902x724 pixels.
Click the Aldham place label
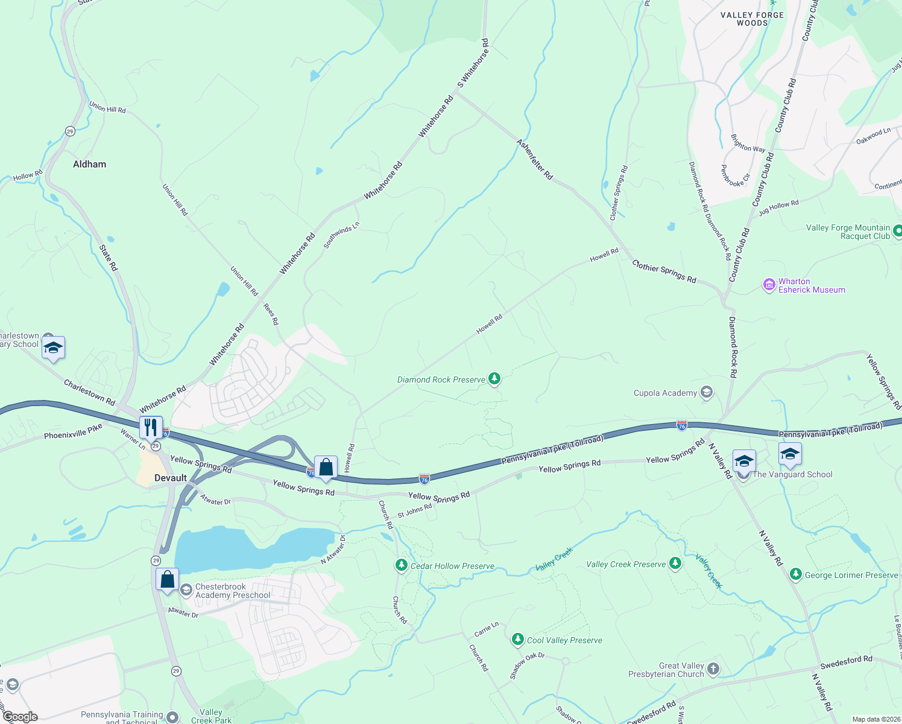coord(89,164)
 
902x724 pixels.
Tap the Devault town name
coord(171,478)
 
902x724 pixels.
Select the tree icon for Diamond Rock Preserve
coord(494,379)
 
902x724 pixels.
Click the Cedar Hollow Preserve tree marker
coord(401,565)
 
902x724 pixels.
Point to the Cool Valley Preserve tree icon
coord(517,640)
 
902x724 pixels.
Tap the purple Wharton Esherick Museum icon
coord(769,285)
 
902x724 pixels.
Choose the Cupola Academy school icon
coord(707,393)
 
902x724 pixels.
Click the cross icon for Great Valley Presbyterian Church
coord(713,668)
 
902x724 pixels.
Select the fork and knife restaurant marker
coord(151,427)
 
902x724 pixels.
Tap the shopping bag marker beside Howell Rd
coord(326,467)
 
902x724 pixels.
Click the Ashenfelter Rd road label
coord(534,159)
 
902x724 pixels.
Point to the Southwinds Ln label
coord(341,235)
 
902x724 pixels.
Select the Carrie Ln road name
coord(486,629)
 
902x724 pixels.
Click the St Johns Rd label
coord(415,511)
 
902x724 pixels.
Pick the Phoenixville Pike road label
coord(73,431)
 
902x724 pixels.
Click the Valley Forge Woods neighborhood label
coord(752,19)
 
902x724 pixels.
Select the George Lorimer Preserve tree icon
coord(796,574)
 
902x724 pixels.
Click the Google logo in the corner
coord(20,717)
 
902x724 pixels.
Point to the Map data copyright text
coord(874,719)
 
